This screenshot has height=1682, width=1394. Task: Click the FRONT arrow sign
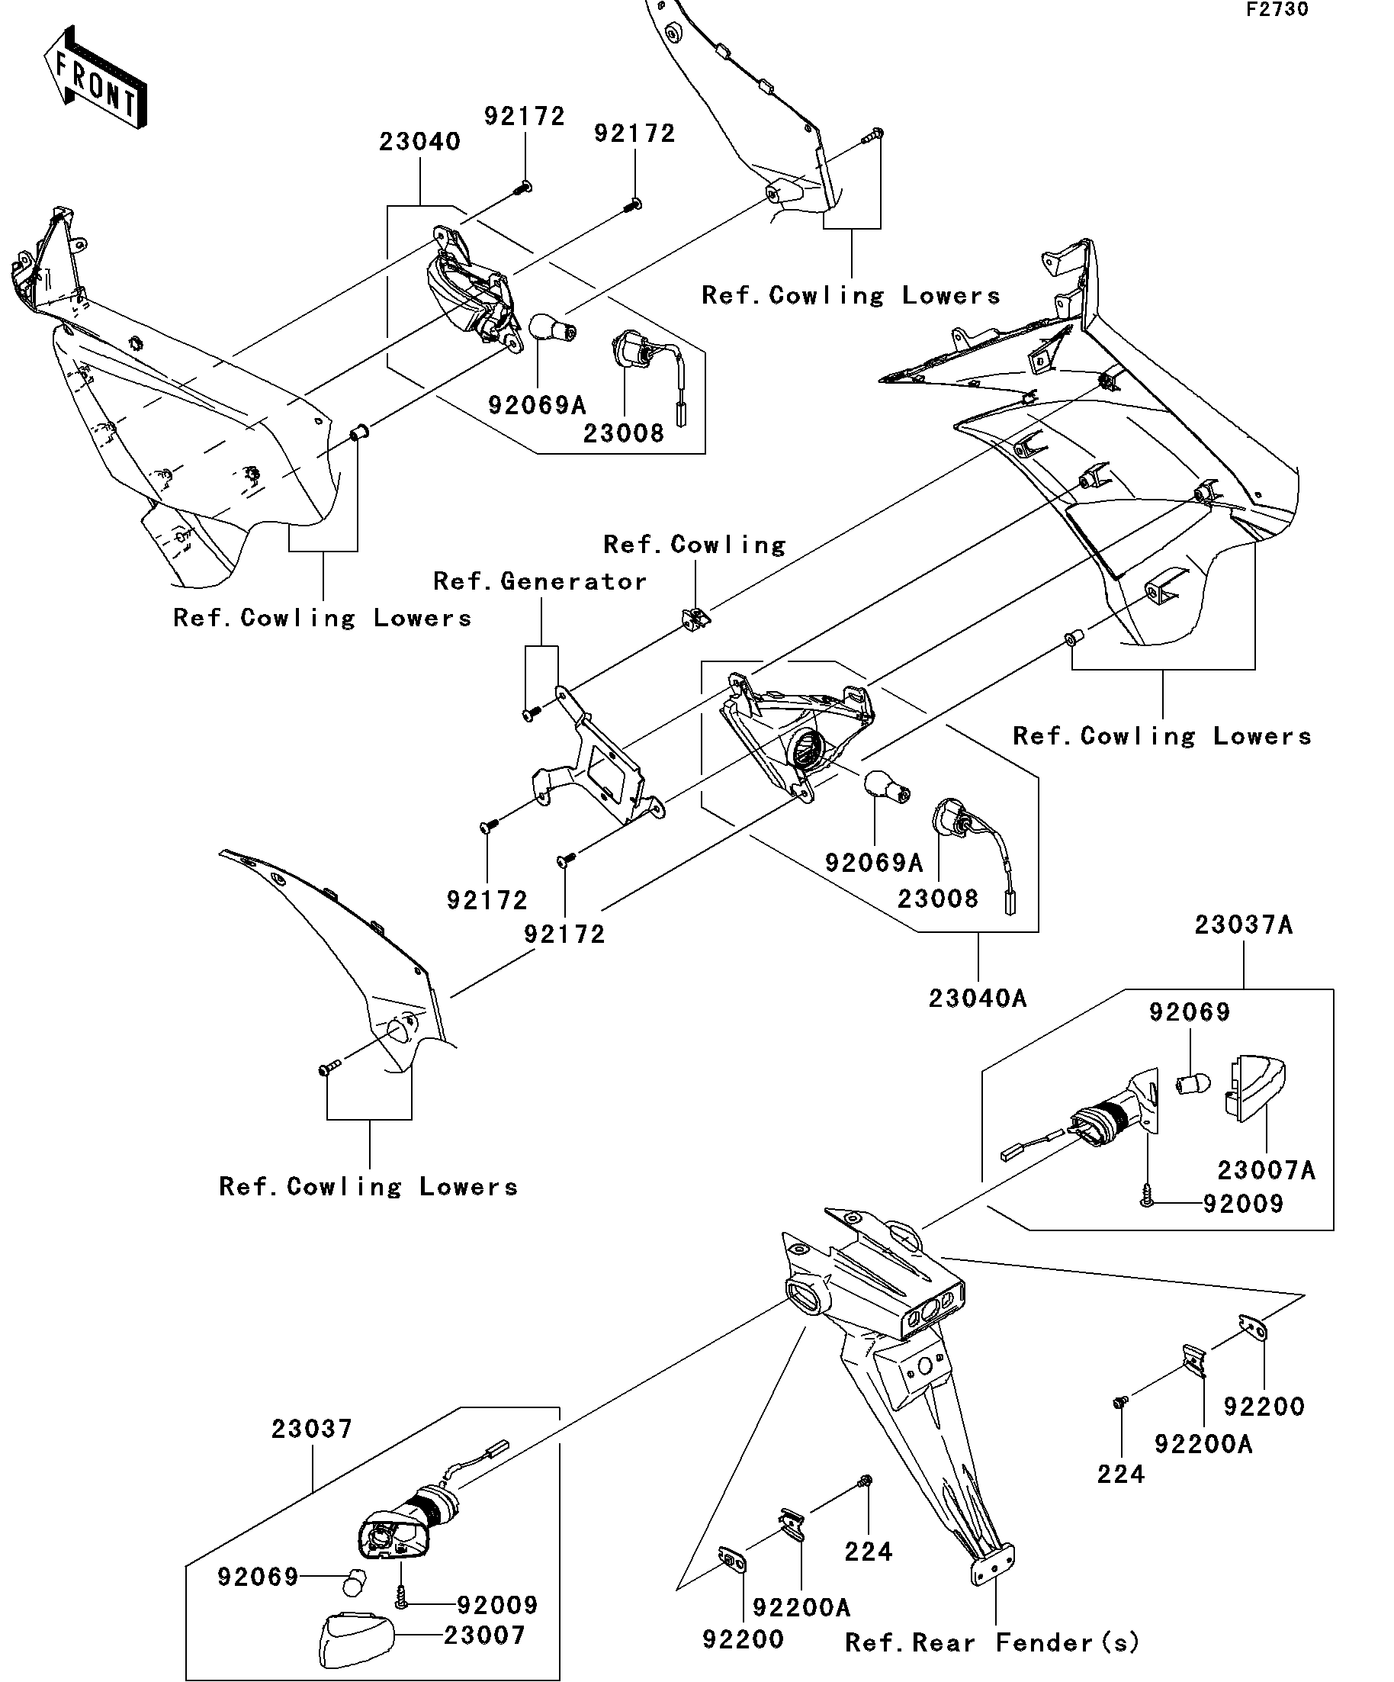point(95,79)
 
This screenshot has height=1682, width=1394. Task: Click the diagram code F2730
point(1277,10)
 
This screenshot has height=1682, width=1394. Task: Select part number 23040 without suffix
point(419,143)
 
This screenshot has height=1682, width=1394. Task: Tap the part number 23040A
point(977,999)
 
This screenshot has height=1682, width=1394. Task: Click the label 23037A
point(1243,925)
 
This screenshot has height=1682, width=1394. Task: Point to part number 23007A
point(1266,1171)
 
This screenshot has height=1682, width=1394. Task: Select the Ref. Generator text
point(540,581)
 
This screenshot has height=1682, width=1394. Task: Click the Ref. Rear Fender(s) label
point(991,1644)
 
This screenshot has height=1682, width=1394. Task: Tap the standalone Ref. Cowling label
point(694,545)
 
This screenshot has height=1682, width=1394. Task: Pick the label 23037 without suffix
point(311,1429)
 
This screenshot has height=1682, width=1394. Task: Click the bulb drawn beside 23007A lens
point(1192,1085)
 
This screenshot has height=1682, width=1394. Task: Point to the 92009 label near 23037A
point(1243,1204)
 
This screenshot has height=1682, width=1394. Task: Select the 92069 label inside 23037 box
point(258,1577)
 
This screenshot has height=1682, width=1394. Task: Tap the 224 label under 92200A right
point(1120,1475)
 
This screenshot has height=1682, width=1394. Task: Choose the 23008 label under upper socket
point(623,434)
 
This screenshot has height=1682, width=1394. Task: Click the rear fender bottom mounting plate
point(992,1565)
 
